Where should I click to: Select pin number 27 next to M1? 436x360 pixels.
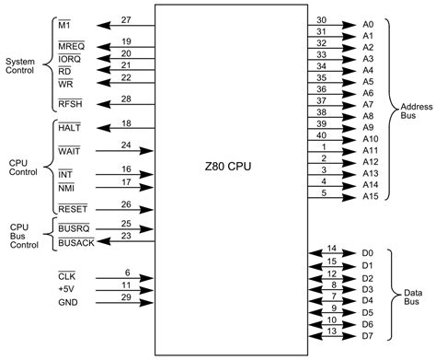click(x=125, y=19)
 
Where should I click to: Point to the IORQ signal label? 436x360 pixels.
click(x=71, y=57)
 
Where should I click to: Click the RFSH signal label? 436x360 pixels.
click(x=71, y=104)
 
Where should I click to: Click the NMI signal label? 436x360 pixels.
click(x=66, y=186)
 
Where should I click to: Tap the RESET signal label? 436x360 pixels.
click(x=73, y=209)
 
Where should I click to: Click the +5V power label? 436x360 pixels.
click(x=66, y=288)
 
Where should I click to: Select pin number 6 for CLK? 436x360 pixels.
click(x=127, y=273)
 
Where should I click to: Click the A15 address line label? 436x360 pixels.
click(x=370, y=196)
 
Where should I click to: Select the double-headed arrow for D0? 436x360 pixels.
click(x=332, y=252)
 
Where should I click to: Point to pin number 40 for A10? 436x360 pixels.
click(x=321, y=134)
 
